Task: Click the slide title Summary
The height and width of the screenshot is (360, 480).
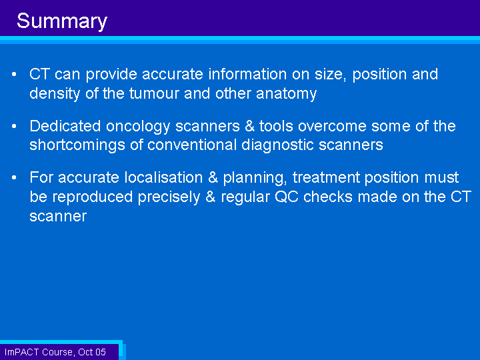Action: (x=62, y=21)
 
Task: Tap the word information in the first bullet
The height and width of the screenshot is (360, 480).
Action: (x=247, y=74)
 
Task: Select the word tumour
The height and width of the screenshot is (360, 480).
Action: (x=154, y=93)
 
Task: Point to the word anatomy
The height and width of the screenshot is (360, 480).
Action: (x=286, y=94)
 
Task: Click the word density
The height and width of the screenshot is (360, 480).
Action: (x=55, y=94)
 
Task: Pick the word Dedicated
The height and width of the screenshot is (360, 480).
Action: (x=65, y=126)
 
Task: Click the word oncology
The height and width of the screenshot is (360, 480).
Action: (x=138, y=127)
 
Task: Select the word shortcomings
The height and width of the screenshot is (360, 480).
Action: (x=77, y=145)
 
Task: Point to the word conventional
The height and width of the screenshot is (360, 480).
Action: (x=192, y=145)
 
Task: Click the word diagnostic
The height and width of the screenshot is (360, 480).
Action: (x=277, y=145)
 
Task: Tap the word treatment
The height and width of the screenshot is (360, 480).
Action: (x=326, y=177)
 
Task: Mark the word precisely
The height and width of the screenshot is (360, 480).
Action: (x=169, y=197)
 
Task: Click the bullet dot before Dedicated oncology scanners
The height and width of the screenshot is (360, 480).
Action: (x=14, y=126)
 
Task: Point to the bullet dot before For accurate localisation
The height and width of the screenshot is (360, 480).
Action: (x=14, y=177)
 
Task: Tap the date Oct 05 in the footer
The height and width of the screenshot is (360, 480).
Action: (x=92, y=352)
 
